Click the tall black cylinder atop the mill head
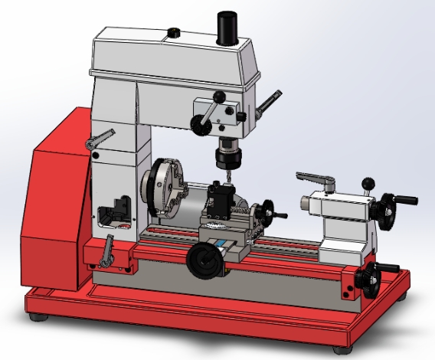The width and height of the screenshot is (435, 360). [x=227, y=28]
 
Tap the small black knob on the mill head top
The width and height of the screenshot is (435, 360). [x=174, y=33]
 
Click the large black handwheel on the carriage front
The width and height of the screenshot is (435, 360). [x=203, y=260]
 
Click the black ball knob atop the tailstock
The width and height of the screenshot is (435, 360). [x=368, y=182]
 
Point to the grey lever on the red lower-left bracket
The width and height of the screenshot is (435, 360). [x=108, y=252]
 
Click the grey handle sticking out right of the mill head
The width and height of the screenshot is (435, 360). [x=268, y=102]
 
